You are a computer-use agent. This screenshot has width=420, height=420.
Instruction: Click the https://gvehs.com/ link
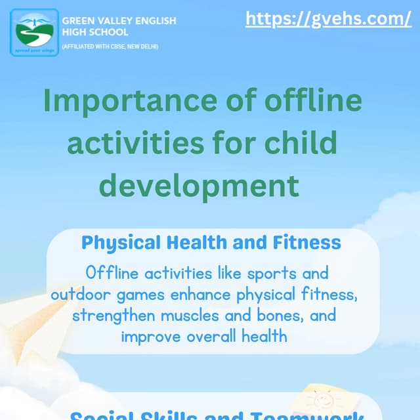pos(328,19)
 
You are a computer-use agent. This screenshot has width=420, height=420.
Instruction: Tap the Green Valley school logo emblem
pos(34,32)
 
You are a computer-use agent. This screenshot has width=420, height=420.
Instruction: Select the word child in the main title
pos(304,142)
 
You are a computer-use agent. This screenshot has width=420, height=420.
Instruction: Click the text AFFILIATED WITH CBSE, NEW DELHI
pos(110,47)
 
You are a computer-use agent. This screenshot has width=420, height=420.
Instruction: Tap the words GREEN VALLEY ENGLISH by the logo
pos(119,21)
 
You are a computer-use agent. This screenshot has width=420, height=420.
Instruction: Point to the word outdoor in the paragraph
pos(79,294)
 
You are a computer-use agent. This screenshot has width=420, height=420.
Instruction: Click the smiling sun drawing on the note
pos(323,400)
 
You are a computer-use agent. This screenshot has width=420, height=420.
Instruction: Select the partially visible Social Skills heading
pos(217,415)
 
